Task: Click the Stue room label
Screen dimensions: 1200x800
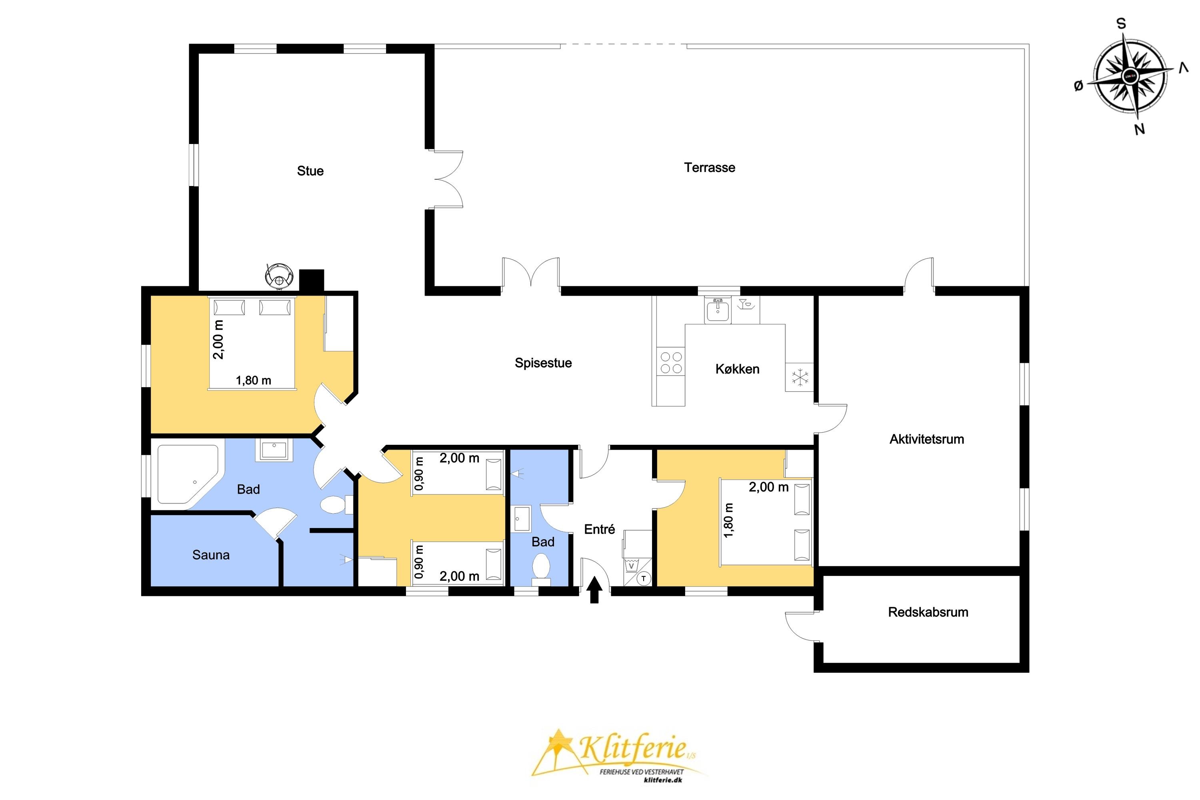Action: click(310, 171)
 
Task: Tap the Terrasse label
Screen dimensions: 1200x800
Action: click(709, 168)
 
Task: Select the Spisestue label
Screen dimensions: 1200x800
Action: click(543, 363)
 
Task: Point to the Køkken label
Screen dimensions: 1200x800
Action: click(737, 369)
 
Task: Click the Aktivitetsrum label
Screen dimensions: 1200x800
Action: click(926, 439)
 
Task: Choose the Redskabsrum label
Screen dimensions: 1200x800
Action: click(928, 612)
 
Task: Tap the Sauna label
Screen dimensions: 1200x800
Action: click(211, 555)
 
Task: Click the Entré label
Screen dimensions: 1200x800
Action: click(600, 530)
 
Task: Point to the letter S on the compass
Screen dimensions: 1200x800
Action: click(1121, 24)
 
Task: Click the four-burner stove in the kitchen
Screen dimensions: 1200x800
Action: click(671, 362)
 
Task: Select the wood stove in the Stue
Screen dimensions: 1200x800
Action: click(279, 276)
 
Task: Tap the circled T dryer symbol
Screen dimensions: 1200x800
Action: click(644, 578)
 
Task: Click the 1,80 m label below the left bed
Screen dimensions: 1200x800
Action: click(253, 381)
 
